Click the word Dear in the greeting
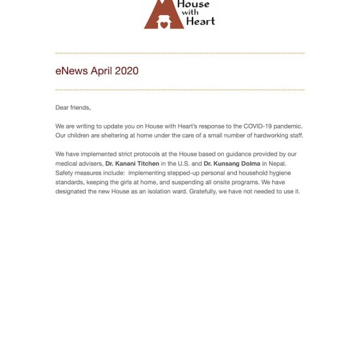pyautogui.click(x=63, y=107)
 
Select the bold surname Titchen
pyautogui.click(x=146, y=163)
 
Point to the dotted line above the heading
pyautogui.click(x=180, y=53)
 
